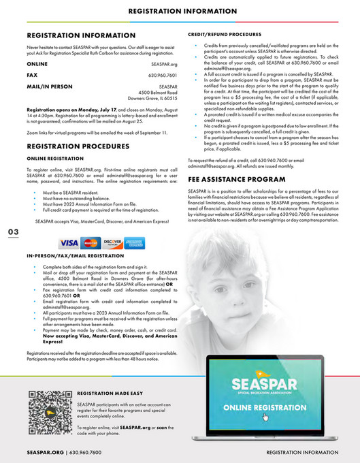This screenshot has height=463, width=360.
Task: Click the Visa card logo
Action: click(x=69, y=243)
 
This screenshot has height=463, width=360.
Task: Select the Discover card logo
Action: click(x=112, y=243)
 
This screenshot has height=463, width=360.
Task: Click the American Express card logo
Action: click(x=133, y=243)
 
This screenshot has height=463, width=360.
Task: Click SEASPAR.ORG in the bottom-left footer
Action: click(x=45, y=452)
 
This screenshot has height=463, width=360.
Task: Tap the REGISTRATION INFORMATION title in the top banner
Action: click(x=180, y=12)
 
